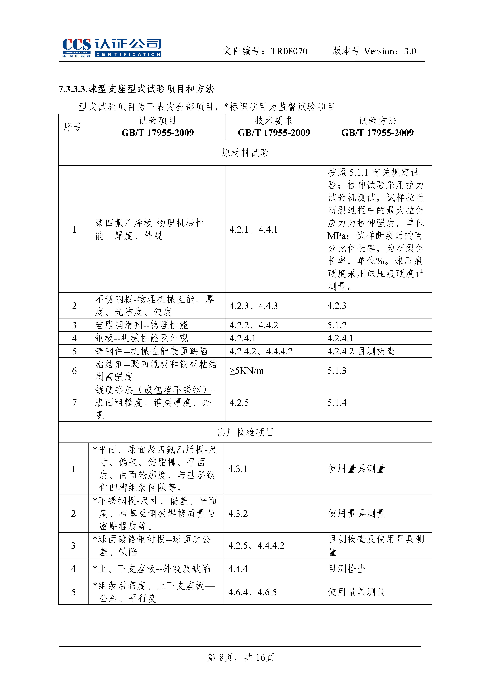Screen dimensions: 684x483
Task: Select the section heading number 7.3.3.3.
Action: tap(73, 89)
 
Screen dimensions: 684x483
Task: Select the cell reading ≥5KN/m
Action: tap(246, 371)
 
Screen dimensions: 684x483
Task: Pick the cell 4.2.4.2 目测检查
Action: tap(361, 351)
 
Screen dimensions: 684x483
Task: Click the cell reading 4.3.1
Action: tap(238, 469)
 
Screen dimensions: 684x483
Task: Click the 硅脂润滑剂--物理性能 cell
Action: tap(142, 325)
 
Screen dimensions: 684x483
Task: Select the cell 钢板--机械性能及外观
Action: tap(142, 338)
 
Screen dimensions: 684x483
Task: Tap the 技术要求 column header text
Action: tap(274, 121)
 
